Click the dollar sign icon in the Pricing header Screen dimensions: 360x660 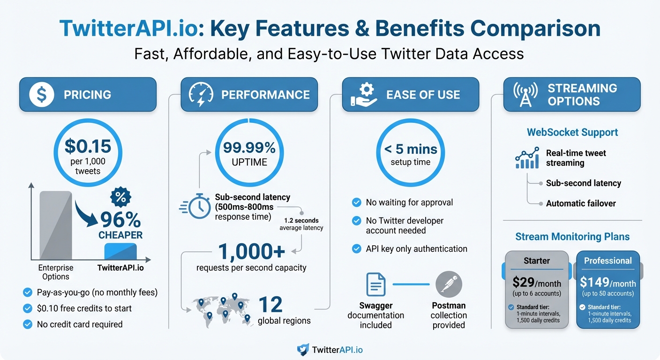pyautogui.click(x=41, y=95)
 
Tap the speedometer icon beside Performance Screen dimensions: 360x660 pyautogui.click(x=201, y=94)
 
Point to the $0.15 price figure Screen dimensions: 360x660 pyautogui.click(x=88, y=146)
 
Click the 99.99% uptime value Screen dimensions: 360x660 pyautogui.click(x=249, y=148)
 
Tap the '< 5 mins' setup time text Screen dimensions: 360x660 pyautogui.click(x=411, y=150)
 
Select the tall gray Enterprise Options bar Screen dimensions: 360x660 pyautogui.click(x=56, y=225)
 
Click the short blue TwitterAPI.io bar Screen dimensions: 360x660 pyautogui.click(x=120, y=252)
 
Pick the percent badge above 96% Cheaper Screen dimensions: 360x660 pyautogui.click(x=120, y=197)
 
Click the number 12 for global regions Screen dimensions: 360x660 pyautogui.click(x=270, y=305)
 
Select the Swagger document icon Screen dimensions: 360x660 pyautogui.click(x=375, y=284)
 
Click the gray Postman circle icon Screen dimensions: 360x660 pyautogui.click(x=449, y=284)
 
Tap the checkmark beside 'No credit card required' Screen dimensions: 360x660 pyautogui.click(x=27, y=324)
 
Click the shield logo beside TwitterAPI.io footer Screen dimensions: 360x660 pyautogui.click(x=303, y=350)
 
